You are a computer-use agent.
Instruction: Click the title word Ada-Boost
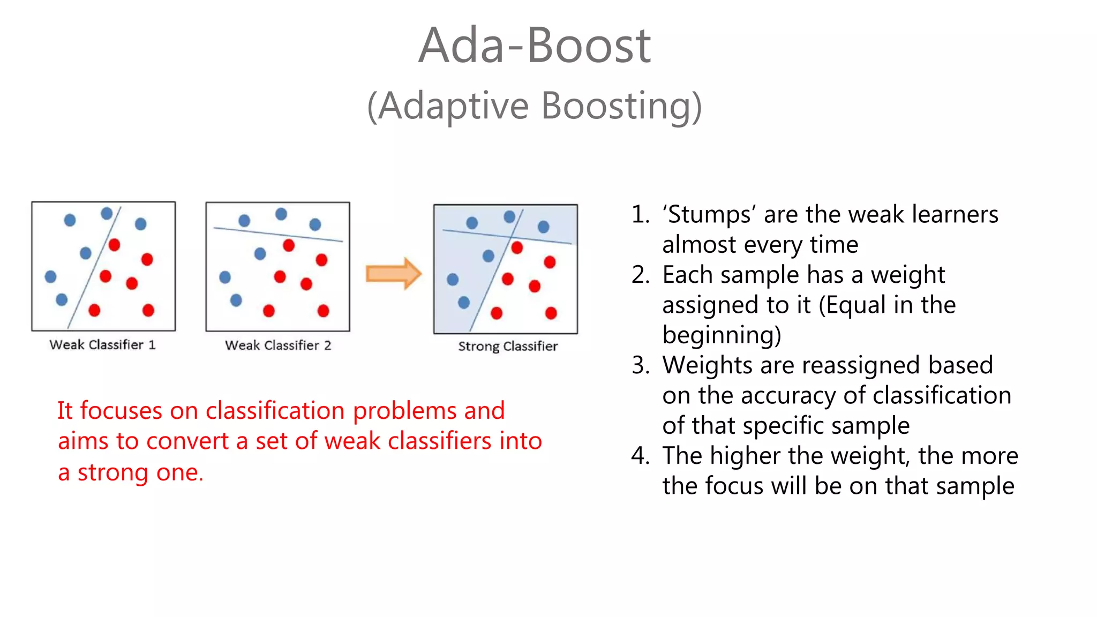click(x=534, y=46)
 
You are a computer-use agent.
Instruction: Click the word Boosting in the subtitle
click(x=621, y=106)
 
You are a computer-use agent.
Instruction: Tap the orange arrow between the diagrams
click(x=393, y=274)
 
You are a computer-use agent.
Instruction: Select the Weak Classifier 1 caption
click(x=102, y=345)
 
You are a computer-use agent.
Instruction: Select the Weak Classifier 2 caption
click(x=277, y=345)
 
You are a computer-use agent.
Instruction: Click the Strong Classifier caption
click(x=507, y=347)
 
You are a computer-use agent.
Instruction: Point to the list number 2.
click(x=640, y=275)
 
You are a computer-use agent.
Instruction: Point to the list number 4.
click(x=640, y=456)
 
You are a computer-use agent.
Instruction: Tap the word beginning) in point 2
click(x=722, y=336)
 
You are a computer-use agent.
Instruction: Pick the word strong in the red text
click(x=112, y=473)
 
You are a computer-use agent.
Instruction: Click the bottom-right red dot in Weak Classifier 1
click(x=148, y=310)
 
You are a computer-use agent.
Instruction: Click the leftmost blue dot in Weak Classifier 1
click(x=50, y=276)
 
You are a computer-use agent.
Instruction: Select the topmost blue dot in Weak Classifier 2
click(x=281, y=214)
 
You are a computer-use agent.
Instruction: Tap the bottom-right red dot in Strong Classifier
click(x=551, y=313)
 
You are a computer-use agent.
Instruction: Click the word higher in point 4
click(x=746, y=456)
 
